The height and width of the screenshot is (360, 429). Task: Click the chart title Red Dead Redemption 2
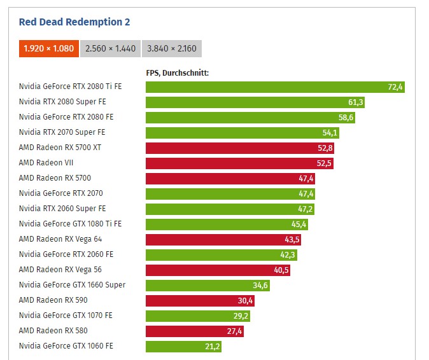(x=74, y=22)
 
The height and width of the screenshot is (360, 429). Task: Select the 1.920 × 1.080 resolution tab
(x=48, y=49)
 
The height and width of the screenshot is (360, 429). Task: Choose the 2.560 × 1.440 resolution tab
(x=109, y=49)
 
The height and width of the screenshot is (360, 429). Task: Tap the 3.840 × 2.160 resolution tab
(x=171, y=49)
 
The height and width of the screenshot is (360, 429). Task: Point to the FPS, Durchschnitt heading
(x=178, y=73)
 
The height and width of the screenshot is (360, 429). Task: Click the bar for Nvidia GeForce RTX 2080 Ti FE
(x=275, y=87)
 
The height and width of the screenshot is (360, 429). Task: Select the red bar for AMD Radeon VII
(x=239, y=163)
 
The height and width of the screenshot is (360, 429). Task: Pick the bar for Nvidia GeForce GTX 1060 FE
(x=183, y=347)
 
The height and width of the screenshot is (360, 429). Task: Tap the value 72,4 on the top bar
(x=395, y=87)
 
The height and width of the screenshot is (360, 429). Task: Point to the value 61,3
(x=356, y=102)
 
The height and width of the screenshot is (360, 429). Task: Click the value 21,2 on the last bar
(x=213, y=347)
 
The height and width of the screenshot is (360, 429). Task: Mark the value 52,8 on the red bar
(x=325, y=148)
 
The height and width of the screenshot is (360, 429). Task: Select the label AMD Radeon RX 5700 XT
(x=60, y=148)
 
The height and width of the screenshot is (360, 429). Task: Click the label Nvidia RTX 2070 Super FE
(x=62, y=132)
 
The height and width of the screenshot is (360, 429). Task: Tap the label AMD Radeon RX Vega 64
(x=60, y=239)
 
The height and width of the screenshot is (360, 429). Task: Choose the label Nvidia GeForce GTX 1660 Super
(x=72, y=285)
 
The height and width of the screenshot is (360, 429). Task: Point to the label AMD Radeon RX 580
(x=53, y=331)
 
